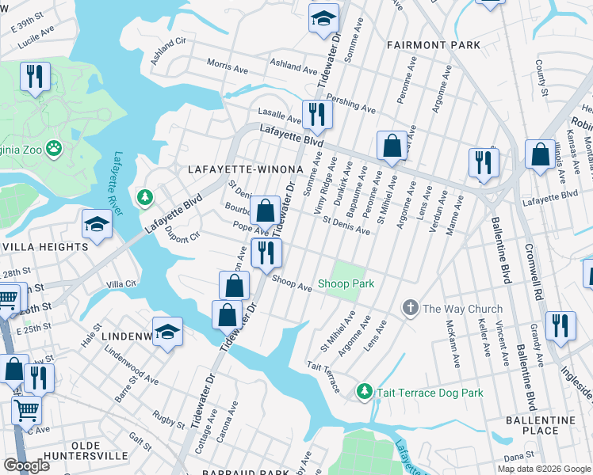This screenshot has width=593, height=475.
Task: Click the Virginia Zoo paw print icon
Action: click(54, 147)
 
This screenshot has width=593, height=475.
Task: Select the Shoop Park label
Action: click(346, 283)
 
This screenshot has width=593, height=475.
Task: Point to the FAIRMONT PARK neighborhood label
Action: click(434, 45)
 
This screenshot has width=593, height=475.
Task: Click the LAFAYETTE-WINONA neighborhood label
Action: click(246, 169)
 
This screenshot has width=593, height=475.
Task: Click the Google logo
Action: click(27, 465)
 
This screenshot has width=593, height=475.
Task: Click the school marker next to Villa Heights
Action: click(96, 225)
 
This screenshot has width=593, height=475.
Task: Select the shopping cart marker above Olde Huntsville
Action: click(26, 410)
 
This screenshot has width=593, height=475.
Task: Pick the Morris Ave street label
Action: click(227, 65)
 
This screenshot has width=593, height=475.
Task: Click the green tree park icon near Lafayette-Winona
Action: click(144, 196)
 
